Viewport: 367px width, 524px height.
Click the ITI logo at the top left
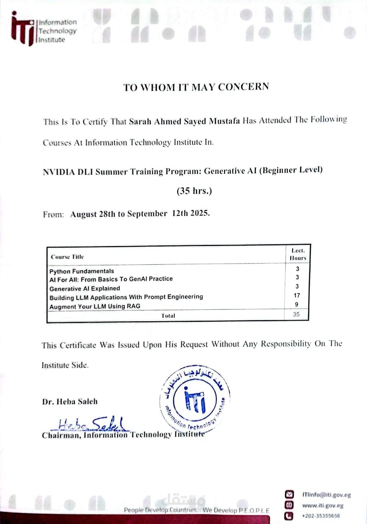(23, 30)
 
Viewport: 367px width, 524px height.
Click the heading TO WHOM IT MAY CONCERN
(196, 87)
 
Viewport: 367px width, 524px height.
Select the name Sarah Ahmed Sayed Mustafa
(184, 121)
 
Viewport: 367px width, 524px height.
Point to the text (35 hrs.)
(194, 191)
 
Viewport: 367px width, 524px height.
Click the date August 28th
(93, 214)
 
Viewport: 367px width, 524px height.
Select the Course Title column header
(68, 257)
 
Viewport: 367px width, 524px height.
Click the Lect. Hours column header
(298, 254)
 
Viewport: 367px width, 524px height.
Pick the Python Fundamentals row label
(82, 271)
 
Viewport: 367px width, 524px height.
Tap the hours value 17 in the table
(297, 296)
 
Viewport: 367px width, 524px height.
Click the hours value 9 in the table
(296, 304)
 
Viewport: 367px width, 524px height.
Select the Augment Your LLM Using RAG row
(95, 306)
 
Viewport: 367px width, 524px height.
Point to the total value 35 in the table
(296, 314)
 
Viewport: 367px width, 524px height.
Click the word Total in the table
(168, 316)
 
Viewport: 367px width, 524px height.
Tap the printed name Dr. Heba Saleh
(70, 402)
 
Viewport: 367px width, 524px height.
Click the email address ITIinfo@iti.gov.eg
(326, 495)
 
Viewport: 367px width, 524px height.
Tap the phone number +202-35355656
(321, 516)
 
